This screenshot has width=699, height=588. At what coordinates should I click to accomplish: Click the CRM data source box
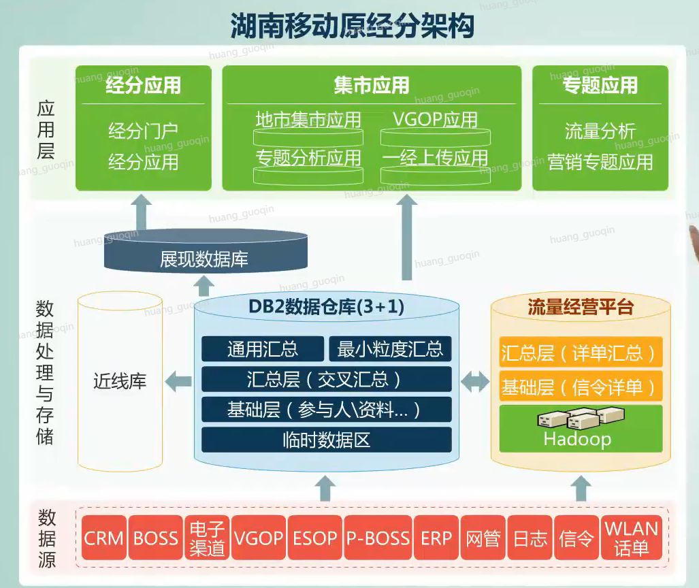[104, 537]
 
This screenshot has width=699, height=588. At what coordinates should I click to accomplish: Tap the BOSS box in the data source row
[156, 537]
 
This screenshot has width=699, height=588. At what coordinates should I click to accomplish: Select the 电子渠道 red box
[207, 537]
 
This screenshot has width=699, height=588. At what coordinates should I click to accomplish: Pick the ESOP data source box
[314, 537]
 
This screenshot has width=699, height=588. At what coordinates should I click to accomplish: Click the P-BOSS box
[378, 537]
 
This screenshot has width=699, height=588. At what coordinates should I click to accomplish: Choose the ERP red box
[436, 537]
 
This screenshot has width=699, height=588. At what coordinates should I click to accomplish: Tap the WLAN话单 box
[631, 537]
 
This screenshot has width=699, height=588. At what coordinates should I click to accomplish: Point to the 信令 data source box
[576, 537]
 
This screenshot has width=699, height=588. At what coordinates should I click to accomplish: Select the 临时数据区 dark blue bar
[326, 440]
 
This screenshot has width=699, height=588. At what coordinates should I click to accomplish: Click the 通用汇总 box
[263, 348]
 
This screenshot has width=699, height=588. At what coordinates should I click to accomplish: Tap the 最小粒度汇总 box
[390, 348]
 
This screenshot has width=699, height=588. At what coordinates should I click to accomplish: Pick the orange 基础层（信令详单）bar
[581, 387]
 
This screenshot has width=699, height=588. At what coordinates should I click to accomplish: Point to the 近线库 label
[120, 381]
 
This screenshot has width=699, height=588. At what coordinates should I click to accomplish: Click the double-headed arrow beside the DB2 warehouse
[475, 382]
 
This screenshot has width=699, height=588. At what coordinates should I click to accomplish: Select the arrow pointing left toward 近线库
[178, 382]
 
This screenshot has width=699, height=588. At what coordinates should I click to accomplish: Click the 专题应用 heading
[600, 85]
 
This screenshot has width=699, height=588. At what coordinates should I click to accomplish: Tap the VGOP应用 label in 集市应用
[435, 120]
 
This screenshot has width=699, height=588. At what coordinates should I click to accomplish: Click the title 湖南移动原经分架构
[352, 25]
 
